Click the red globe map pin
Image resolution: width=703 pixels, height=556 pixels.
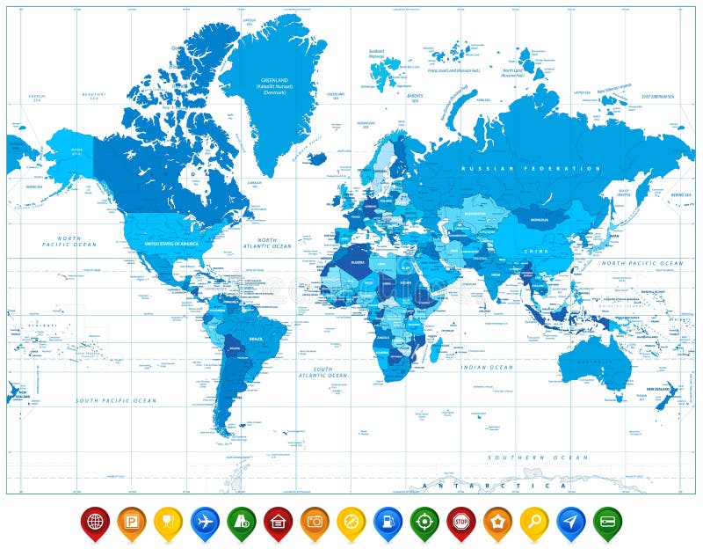click(x=95, y=521)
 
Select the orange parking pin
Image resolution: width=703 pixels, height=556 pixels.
click(x=132, y=521)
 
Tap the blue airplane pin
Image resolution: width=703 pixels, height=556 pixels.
click(x=206, y=521)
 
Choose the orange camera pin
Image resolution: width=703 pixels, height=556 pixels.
click(x=315, y=521)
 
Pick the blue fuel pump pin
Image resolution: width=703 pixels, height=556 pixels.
click(x=388, y=521)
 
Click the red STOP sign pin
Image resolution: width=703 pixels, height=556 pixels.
click(x=460, y=521)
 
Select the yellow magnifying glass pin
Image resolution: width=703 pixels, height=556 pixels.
click(x=534, y=521)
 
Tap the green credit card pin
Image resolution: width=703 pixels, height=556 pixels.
click(x=607, y=521)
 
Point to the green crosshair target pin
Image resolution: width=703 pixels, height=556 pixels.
click(x=424, y=521)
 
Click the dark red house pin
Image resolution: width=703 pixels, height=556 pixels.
click(x=278, y=521)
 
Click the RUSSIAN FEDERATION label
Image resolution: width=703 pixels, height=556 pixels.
click(x=533, y=168)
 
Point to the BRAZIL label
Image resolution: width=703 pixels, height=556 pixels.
click(x=257, y=338)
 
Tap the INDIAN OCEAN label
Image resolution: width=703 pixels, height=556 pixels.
click(x=489, y=367)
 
